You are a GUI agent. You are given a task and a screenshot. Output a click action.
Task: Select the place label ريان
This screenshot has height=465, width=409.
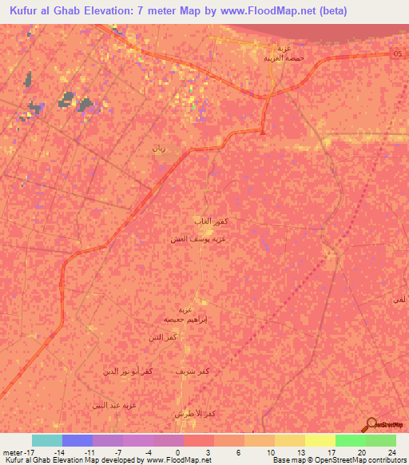pyautogui.click(x=159, y=148)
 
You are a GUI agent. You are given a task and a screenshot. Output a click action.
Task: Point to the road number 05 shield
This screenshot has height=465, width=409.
pyautogui.click(x=398, y=54)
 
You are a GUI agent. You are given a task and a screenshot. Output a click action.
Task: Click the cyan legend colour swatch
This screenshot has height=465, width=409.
pyautogui.click(x=46, y=440)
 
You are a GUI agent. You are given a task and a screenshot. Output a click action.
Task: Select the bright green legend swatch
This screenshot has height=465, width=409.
pyautogui.click(x=351, y=440)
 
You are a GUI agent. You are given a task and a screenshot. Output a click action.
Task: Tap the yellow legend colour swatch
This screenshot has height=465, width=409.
pyautogui.click(x=320, y=440)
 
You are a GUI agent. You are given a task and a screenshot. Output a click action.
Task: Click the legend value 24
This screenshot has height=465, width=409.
pyautogui.click(x=391, y=451)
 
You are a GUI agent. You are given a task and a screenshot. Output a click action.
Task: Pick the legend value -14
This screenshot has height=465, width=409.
pyautogui.click(x=59, y=451)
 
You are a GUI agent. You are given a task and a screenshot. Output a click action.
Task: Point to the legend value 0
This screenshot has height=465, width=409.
pyautogui.click(x=177, y=451)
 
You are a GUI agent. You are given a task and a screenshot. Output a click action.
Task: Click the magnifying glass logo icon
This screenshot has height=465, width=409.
pyautogui.click(x=371, y=424)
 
